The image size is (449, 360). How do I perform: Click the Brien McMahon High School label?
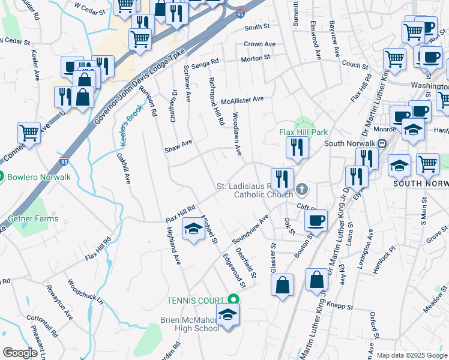(x=190, y=324)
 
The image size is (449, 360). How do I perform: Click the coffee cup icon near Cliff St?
(x=316, y=220)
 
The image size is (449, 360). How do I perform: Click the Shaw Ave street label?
(x=179, y=143)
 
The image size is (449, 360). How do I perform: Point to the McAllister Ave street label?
(x=242, y=100)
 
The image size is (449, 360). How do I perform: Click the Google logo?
(x=20, y=353)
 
